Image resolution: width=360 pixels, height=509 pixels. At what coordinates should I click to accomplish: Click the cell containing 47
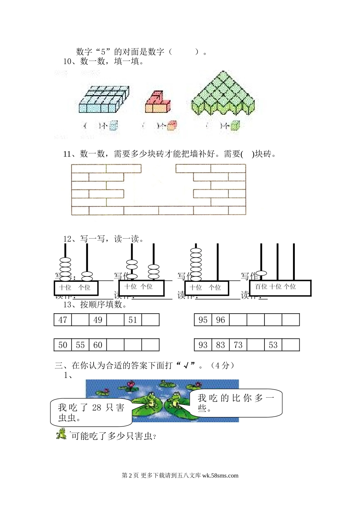[63, 320]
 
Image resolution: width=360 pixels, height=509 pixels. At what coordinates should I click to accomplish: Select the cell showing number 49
[98, 320]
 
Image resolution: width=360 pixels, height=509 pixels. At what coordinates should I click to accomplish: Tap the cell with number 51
[133, 320]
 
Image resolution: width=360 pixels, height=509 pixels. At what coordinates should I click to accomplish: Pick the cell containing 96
[221, 320]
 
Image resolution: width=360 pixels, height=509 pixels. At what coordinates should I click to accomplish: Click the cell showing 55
[80, 345]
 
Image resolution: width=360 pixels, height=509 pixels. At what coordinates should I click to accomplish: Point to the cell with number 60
[98, 345]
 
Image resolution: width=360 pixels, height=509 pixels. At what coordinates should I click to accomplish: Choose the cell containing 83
[221, 345]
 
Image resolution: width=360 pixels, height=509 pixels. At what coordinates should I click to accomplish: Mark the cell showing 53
[273, 345]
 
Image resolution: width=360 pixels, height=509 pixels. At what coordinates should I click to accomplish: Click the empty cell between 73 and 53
[256, 345]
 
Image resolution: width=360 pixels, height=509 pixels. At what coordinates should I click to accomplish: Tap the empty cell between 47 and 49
[80, 320]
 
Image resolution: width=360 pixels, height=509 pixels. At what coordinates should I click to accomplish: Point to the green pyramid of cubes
[223, 94]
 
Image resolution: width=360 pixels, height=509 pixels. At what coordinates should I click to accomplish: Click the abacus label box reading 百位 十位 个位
[280, 288]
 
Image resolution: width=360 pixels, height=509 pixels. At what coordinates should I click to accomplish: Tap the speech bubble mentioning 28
[91, 412]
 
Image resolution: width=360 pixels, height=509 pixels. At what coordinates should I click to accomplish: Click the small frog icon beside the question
[61, 434]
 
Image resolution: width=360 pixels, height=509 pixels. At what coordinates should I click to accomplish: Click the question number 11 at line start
[67, 154]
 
